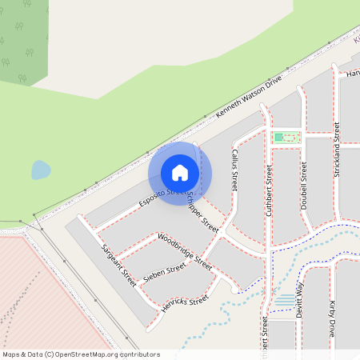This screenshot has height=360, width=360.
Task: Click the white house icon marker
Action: pyautogui.click(x=180, y=173)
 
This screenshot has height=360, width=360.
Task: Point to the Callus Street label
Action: pyautogui.click(x=234, y=168)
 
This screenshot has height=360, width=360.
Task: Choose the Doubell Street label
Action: pyautogui.click(x=304, y=186)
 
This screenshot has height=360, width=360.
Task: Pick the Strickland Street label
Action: pyautogui.click(x=337, y=149)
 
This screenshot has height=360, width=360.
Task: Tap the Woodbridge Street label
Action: pyautogui.click(x=185, y=250)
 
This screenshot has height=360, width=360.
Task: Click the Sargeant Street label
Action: pyautogui.click(x=118, y=266)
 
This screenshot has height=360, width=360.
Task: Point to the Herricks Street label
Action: pyautogui.click(x=185, y=304)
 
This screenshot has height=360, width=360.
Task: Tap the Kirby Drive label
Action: pyautogui.click(x=334, y=318)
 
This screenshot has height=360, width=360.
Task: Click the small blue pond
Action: pyautogui.click(x=40, y=170)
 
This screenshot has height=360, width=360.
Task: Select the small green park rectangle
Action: pyautogui.click(x=286, y=138)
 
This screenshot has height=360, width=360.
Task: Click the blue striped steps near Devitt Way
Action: pyautogui.click(x=284, y=301)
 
